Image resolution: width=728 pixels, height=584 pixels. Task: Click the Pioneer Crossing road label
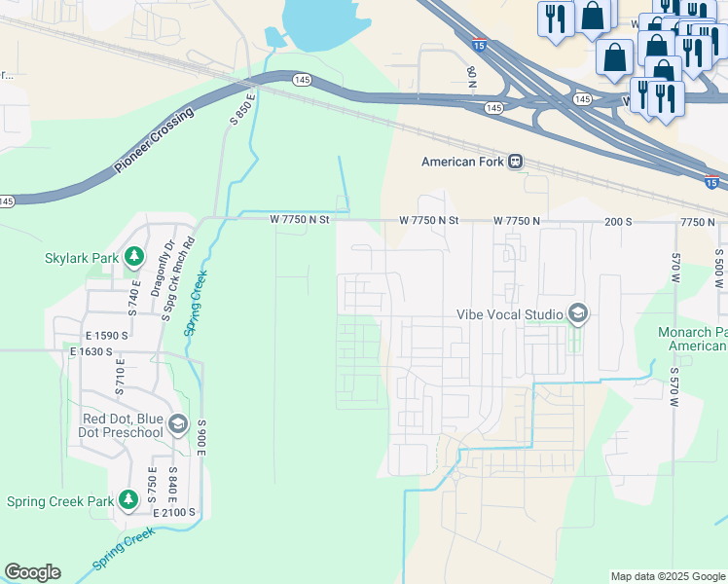coord(153,141)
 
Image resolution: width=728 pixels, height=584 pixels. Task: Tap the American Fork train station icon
coord(515,162)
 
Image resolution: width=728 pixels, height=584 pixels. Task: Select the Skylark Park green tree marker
coord(133,258)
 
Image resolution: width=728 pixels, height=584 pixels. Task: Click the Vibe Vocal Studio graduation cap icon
coord(578,313)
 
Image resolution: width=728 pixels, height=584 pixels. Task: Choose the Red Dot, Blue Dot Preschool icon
coord(177,424)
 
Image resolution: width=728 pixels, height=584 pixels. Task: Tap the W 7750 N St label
coord(301,221)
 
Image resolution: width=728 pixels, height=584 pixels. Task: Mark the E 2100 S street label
coord(174,512)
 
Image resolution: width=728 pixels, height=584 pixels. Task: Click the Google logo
coord(32,572)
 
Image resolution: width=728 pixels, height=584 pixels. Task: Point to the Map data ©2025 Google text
coord(667,576)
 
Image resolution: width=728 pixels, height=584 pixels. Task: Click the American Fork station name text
coord(461,163)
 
